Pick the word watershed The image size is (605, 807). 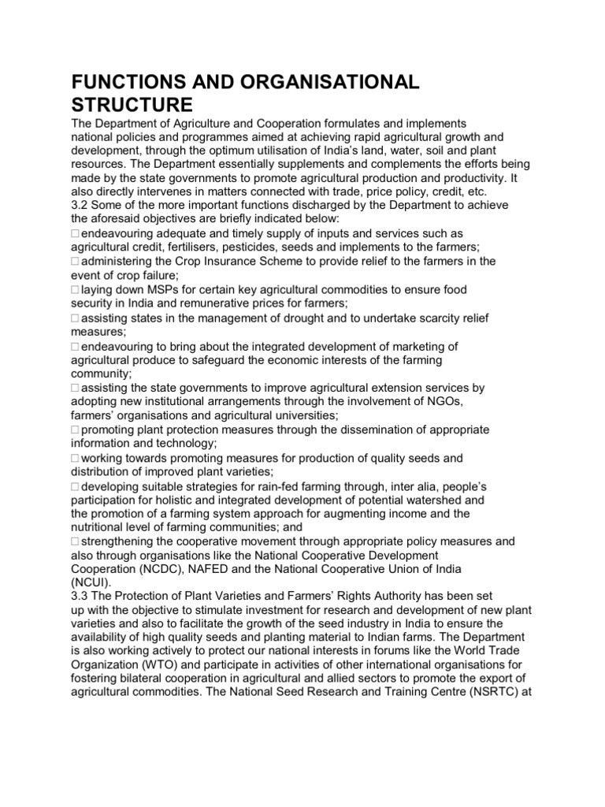(x=438, y=500)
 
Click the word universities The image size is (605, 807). (x=306, y=415)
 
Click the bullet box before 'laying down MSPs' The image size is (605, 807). (x=75, y=291)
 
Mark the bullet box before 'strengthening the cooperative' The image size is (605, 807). (x=75, y=542)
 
